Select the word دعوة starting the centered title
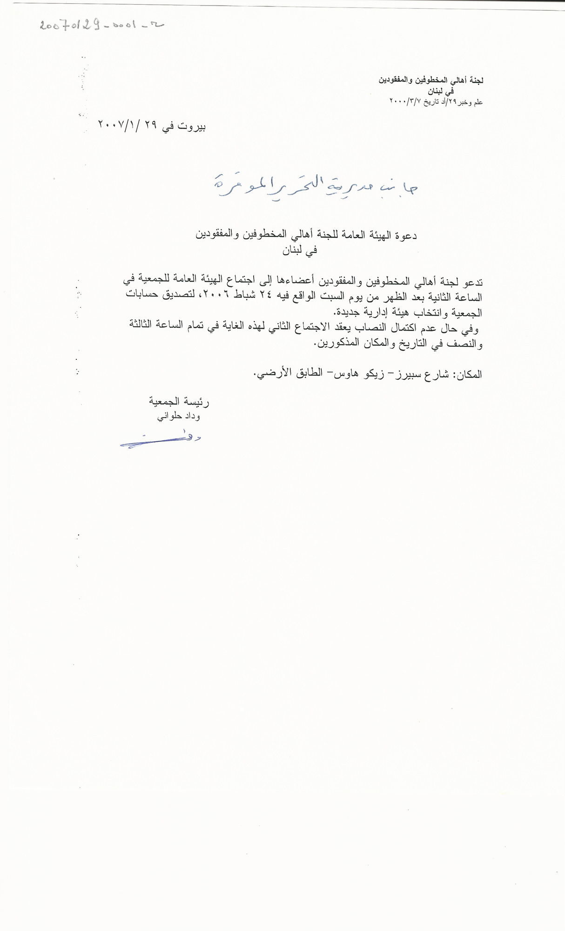click(x=405, y=236)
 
